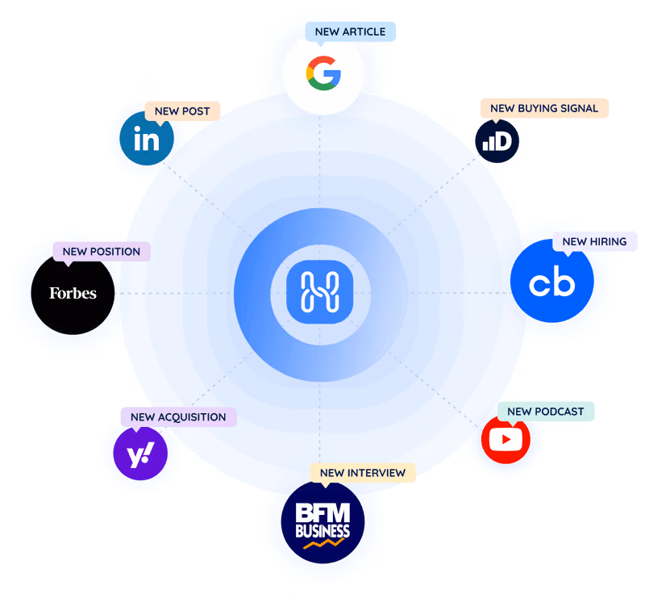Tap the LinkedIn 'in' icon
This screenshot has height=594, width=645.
point(146,140)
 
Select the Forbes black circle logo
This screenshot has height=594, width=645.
point(73,293)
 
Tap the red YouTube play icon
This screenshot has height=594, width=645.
point(506,440)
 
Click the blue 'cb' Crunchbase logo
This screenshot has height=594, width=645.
point(552,283)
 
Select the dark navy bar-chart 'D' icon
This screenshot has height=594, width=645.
point(497,141)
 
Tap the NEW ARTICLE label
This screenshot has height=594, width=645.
point(350,32)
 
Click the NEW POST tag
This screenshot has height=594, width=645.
point(182,111)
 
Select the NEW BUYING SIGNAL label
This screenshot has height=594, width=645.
point(544,108)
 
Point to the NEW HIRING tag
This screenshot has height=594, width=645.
point(594,241)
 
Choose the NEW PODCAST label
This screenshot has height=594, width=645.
point(545,412)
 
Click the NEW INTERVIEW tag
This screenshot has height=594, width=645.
point(362,472)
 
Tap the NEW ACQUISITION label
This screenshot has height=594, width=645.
point(178,417)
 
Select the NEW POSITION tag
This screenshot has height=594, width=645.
point(101,252)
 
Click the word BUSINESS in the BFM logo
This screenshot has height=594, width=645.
point(322,530)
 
